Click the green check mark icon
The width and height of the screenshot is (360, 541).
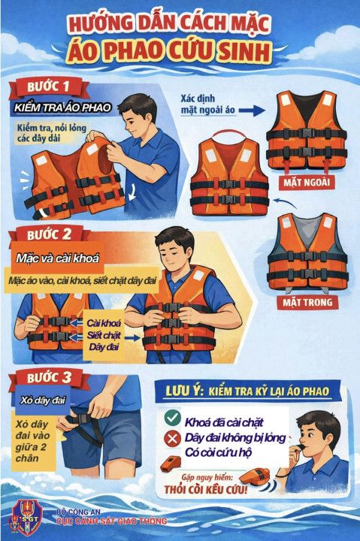click(171, 418)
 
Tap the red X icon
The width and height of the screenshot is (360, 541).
click(171, 437)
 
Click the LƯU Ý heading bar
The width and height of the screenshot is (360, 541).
click(247, 391)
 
